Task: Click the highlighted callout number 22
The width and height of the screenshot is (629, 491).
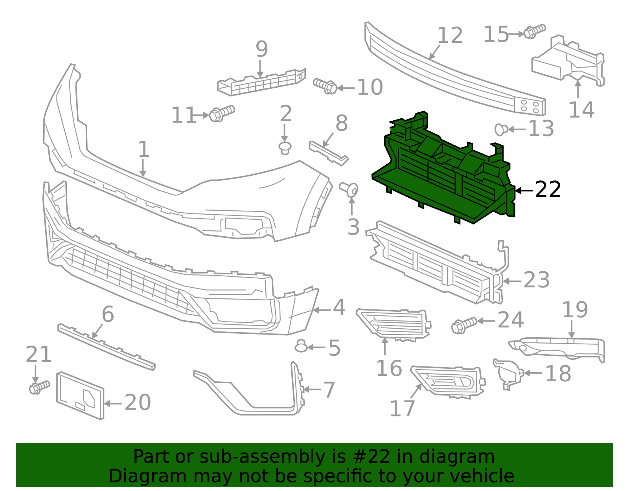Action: click(548, 190)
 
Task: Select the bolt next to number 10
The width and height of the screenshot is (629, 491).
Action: click(325, 86)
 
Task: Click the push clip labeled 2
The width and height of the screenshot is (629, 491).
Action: click(285, 148)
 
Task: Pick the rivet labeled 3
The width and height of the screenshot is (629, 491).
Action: click(349, 189)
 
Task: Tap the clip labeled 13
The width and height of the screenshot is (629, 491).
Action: click(501, 129)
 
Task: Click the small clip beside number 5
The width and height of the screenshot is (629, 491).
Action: click(301, 346)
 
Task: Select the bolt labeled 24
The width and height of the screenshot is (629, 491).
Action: click(464, 325)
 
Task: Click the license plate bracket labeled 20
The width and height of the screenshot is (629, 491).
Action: click(81, 395)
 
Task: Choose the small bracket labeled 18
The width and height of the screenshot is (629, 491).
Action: click(508, 373)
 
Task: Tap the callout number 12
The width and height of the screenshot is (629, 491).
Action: click(450, 35)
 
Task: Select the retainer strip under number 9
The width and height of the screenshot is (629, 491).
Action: click(261, 83)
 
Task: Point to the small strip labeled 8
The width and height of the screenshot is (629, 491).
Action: click(328, 153)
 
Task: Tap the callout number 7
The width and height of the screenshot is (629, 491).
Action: click(329, 390)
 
